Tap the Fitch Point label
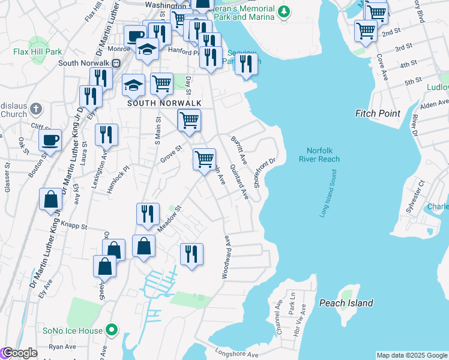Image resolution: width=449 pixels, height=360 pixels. [378, 113]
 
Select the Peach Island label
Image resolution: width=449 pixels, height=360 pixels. [346, 303]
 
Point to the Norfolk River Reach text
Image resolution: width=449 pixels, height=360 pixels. [319, 155]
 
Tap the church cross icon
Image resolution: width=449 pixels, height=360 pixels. [36, 109]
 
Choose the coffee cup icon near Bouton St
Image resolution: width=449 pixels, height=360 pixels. [50, 140]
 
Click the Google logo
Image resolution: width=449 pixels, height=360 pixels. [19, 353]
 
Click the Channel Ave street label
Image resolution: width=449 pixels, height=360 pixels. [279, 314]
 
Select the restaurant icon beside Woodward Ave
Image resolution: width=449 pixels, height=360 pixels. [191, 253]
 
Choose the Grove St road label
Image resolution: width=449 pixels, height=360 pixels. [170, 154]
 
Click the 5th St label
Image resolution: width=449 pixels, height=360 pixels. [413, 82]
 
